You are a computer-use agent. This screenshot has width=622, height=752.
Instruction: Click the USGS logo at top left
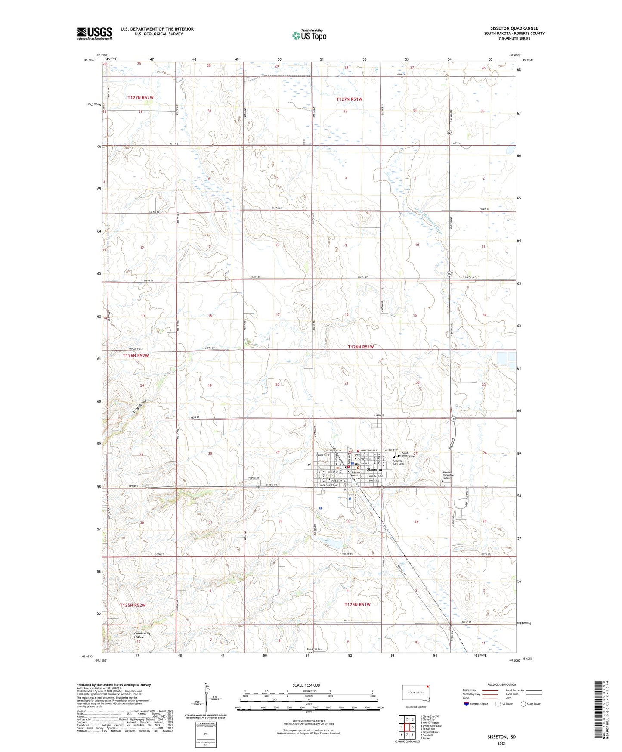click(x=95, y=33)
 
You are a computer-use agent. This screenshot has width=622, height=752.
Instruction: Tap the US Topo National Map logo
click(x=309, y=35)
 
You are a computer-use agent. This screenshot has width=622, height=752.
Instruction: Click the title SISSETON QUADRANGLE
click(x=514, y=28)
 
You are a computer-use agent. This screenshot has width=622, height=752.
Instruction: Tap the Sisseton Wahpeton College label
click(x=448, y=475)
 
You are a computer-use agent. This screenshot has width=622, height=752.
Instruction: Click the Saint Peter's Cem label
click(x=408, y=454)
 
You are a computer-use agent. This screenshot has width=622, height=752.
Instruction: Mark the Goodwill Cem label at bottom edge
click(x=314, y=649)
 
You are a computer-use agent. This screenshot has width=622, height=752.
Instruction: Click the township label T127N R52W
click(x=140, y=98)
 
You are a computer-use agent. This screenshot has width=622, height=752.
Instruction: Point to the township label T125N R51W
click(x=357, y=605)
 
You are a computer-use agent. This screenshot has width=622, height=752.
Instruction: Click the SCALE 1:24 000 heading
click(x=306, y=685)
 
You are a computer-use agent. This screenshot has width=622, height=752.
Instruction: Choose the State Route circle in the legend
click(x=524, y=704)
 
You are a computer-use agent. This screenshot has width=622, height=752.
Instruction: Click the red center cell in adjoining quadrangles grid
click(x=407, y=727)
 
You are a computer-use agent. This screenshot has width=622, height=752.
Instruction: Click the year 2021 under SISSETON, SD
click(x=501, y=743)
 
